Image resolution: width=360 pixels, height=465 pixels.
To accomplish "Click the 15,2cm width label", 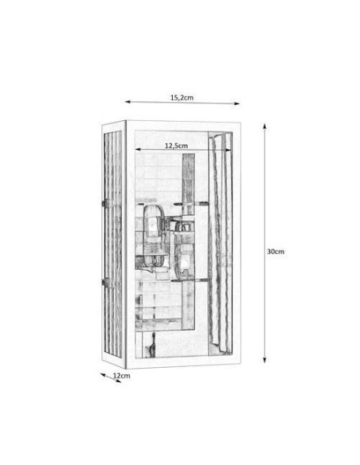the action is pos(182,97).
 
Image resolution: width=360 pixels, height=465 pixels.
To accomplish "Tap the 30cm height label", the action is pos(276,252).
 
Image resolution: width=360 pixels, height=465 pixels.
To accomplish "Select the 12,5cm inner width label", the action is pos(176,146).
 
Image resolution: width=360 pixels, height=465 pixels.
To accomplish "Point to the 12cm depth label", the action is pos(122,376).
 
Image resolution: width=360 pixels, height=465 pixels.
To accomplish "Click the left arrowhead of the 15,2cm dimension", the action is pos(127,102).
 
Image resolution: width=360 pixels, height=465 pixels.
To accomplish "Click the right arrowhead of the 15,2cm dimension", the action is pos(237,104).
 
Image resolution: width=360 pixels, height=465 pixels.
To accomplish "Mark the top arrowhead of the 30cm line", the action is pos(264,127).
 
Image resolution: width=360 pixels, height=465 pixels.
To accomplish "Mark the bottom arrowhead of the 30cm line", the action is pos(264,359).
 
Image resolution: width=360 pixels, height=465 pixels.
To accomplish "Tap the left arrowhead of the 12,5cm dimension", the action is pos(138,150).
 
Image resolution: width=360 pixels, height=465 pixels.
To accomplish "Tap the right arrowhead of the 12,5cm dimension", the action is pos(229,150).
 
